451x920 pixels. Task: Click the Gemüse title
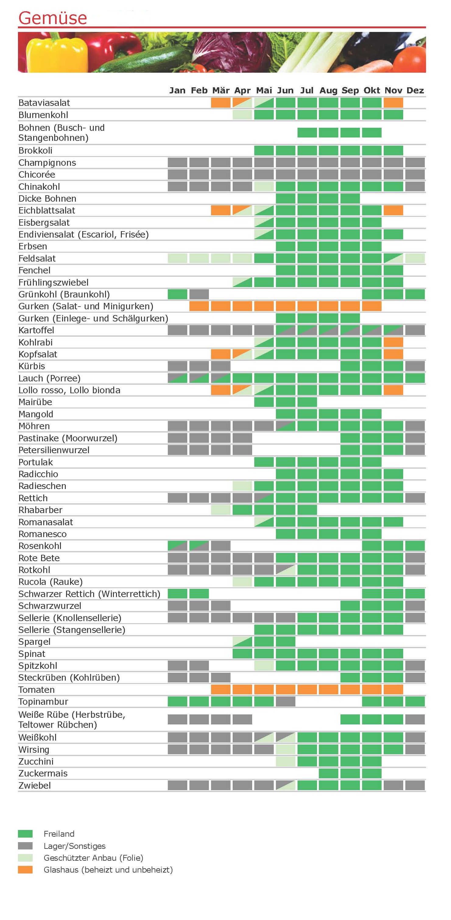click(x=53, y=18)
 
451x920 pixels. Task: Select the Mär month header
click(x=221, y=90)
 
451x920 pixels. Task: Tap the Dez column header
click(x=415, y=90)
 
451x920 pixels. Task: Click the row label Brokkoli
click(x=35, y=150)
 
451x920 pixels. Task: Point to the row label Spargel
click(x=34, y=642)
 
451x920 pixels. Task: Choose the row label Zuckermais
click(x=43, y=774)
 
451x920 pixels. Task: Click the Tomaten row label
click(x=37, y=690)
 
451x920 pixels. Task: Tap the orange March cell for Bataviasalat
click(x=221, y=103)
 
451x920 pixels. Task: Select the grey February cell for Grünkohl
click(x=199, y=294)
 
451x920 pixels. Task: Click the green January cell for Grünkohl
click(x=178, y=294)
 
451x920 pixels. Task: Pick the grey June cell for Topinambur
click(x=285, y=701)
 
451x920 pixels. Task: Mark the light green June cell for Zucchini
click(x=285, y=762)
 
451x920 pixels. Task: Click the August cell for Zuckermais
click(x=328, y=774)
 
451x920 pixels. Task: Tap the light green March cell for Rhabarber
click(x=221, y=510)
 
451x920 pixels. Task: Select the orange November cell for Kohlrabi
click(x=393, y=342)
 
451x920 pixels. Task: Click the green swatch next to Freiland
click(x=25, y=834)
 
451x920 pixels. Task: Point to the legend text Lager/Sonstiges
click(x=74, y=846)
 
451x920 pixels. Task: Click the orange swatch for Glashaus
click(x=25, y=870)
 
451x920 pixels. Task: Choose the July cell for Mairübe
click(x=307, y=402)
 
